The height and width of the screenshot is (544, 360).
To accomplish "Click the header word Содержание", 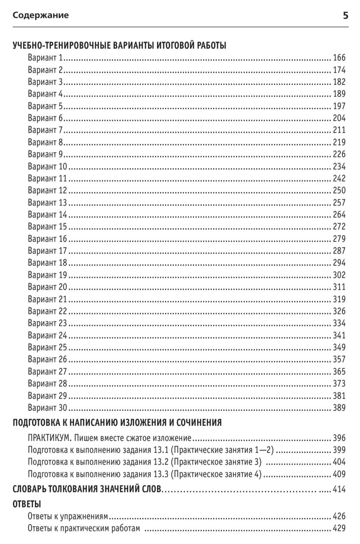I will point(41,15).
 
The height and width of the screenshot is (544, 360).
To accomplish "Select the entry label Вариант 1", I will point(46,58).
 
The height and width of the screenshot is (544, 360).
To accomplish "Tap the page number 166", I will point(339,58).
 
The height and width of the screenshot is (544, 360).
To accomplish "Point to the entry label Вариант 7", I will point(46,130).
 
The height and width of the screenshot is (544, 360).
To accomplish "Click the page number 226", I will point(339,154).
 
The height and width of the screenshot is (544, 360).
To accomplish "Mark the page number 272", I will point(339,227).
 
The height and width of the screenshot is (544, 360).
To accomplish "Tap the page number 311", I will point(339,287).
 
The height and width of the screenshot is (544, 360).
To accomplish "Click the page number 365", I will point(339,372).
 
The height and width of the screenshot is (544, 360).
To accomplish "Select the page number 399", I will point(339,450).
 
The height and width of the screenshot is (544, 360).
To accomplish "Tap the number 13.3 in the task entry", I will point(161,474).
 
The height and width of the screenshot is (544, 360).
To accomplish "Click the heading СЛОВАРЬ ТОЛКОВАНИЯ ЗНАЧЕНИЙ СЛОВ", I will point(87,489).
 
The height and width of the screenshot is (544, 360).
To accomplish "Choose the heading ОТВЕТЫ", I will point(27,504).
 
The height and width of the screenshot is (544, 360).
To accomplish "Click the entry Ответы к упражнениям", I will point(68,517).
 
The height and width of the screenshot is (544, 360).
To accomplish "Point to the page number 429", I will point(339,529).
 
